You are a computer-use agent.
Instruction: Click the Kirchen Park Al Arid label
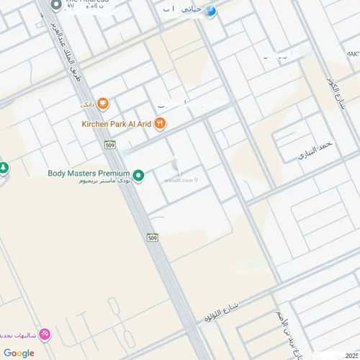coord(115,124)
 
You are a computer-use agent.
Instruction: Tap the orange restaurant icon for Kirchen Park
coord(161,124)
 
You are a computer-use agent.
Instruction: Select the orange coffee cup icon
coord(103,105)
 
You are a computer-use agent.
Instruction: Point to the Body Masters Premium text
coord(89,174)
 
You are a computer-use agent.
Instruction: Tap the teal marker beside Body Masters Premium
coord(138,174)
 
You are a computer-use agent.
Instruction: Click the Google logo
coord(19,353)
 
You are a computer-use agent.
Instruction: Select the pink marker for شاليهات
coord(45,334)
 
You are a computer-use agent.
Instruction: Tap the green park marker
coord(4,168)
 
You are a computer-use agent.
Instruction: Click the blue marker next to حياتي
coord(211,11)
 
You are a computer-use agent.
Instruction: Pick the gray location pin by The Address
coord(57,5)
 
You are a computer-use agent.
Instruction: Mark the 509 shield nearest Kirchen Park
coord(109,144)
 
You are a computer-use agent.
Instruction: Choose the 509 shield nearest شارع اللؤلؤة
coord(152,238)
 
